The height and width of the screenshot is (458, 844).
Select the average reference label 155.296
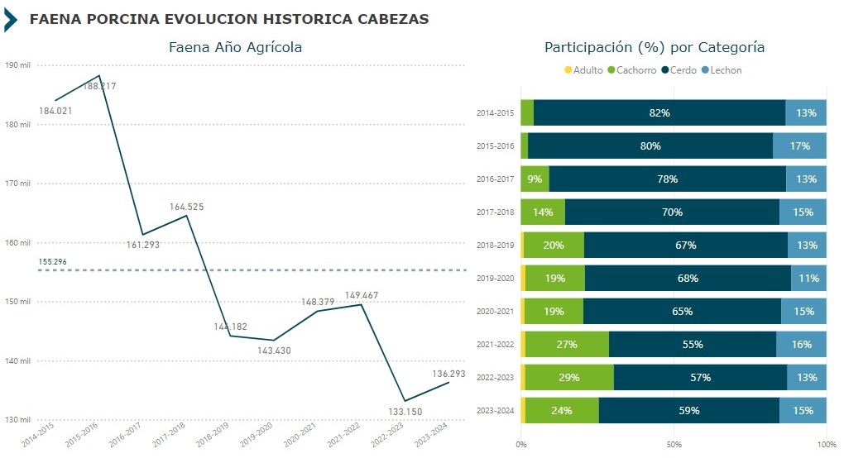52,262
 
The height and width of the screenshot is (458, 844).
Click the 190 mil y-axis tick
17,65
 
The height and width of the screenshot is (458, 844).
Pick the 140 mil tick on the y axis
17,360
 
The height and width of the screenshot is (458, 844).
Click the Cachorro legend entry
633,70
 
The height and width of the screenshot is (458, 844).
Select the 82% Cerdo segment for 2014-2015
659,112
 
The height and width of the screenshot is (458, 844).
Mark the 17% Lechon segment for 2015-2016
799,146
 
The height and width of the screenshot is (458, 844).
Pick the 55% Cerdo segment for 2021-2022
692,344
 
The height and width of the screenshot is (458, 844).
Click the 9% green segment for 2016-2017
535,179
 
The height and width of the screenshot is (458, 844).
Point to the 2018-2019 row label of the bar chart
496,246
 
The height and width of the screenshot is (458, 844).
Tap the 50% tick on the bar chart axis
674,444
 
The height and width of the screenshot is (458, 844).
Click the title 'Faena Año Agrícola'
235,48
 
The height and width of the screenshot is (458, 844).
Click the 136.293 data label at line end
448,375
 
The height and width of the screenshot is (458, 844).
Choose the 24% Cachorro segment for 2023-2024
562,410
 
